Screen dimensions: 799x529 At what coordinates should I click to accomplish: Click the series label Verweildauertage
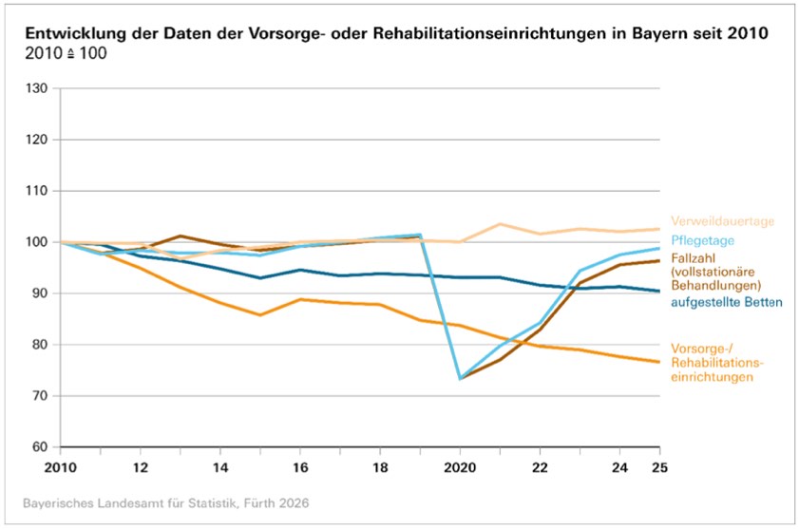722,221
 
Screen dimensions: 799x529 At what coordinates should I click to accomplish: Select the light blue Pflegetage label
703,240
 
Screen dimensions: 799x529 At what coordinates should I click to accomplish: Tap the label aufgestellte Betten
726,302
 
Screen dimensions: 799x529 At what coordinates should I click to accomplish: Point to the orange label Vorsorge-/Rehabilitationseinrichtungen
717,363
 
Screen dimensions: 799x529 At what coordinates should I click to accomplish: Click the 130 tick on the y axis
36,88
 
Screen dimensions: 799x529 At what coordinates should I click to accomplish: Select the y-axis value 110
36,191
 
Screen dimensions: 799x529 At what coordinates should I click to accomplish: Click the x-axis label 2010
60,467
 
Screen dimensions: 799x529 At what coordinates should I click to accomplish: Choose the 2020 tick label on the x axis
460,467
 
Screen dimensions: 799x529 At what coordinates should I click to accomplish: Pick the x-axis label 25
659,467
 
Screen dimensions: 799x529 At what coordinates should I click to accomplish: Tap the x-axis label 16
300,467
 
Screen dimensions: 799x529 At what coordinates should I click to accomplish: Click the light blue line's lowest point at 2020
460,379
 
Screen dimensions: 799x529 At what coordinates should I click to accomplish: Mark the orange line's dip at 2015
260,315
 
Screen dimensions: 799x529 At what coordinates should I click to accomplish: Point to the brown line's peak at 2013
181,236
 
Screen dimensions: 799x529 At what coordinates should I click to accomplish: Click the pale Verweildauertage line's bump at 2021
500,224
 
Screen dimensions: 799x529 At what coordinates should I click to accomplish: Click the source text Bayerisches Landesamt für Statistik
130,503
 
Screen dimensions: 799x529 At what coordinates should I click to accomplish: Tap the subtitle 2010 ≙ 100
67,53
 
